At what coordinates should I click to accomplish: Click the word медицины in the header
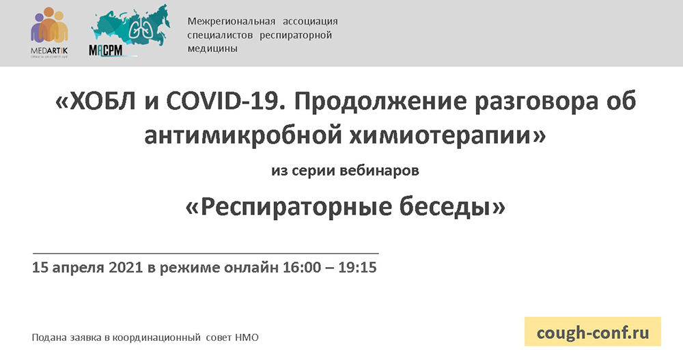pos(212,49)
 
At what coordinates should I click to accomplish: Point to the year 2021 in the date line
pos(126,267)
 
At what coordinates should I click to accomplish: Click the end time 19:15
pos(357,267)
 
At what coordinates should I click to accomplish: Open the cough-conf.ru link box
pos(593,333)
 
